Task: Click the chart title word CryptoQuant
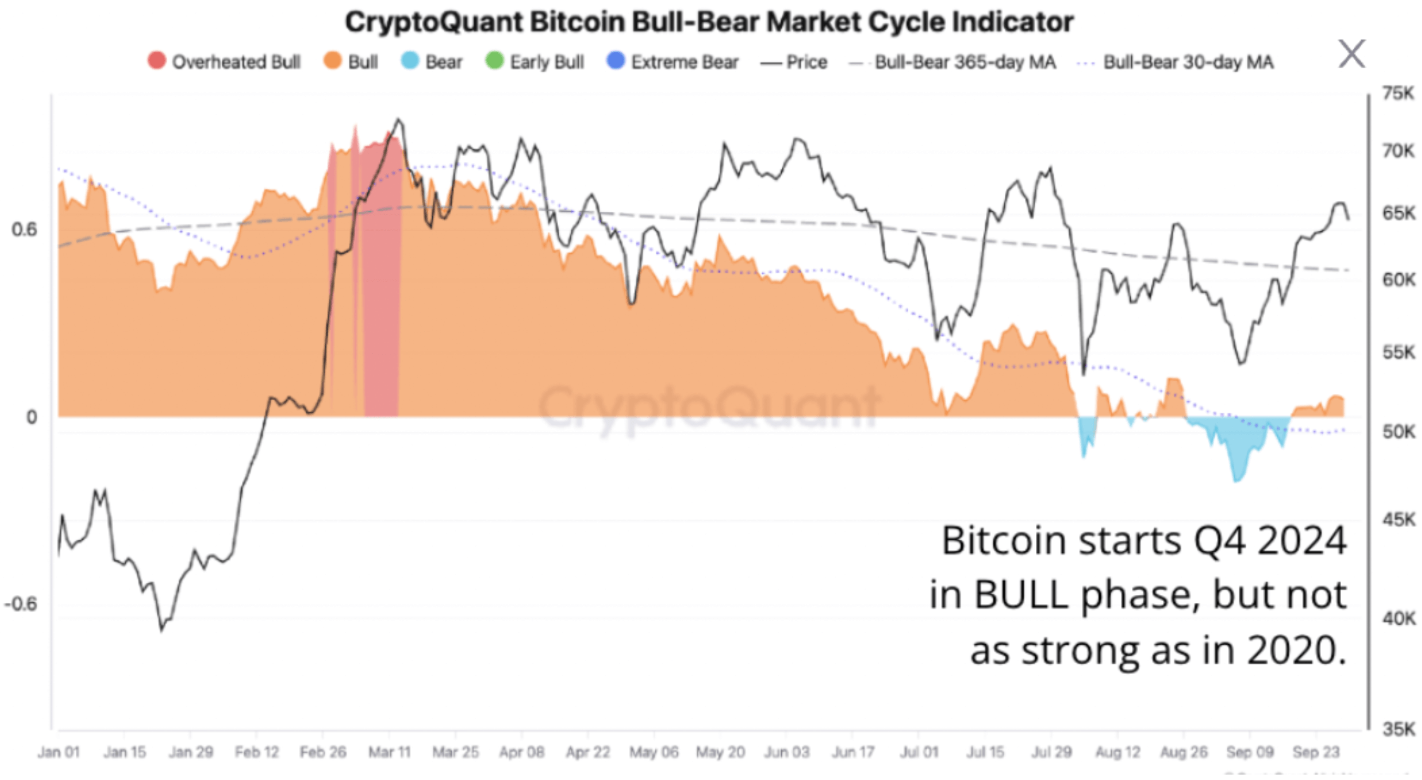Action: click(435, 22)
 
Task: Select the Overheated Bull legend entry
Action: click(224, 62)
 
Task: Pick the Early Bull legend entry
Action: click(535, 62)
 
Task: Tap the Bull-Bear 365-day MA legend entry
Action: click(954, 62)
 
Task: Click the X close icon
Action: click(1352, 53)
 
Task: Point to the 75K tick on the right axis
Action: click(1398, 94)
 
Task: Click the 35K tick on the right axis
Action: click(1398, 729)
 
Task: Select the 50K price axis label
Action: click(1398, 432)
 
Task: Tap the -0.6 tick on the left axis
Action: click(20, 604)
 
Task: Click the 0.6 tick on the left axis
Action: click(24, 229)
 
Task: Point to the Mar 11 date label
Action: click(389, 752)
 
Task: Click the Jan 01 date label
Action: click(58, 752)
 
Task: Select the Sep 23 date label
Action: click(1316, 752)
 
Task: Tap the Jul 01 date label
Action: click(919, 752)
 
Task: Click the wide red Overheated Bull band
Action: click(382, 284)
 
